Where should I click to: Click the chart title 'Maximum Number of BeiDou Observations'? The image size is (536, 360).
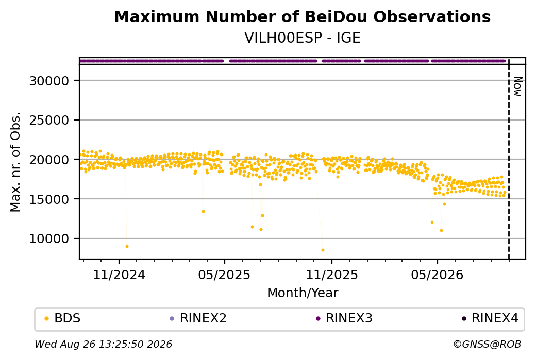click(x=302, y=16)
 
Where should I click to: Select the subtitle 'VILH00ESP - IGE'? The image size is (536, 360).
click(x=302, y=38)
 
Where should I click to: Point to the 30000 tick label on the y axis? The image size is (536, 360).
click(x=49, y=81)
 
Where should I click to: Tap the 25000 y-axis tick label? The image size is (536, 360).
click(x=49, y=120)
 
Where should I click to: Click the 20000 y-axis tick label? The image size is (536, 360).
click(x=49, y=160)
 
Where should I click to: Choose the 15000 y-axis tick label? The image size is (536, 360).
click(x=49, y=199)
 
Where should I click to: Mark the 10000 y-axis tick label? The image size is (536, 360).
click(x=49, y=239)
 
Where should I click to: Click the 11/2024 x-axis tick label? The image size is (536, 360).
click(x=119, y=275)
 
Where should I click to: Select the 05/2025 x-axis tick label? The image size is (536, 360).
click(x=224, y=275)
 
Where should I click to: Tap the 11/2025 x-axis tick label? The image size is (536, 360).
click(x=331, y=275)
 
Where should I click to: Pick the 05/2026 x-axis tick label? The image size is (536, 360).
click(x=437, y=275)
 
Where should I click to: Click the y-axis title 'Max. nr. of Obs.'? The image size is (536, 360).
click(x=15, y=162)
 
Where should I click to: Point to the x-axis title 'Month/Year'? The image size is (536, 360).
click(x=303, y=293)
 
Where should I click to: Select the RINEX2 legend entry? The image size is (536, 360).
click(x=198, y=318)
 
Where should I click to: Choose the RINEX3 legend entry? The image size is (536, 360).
click(x=344, y=318)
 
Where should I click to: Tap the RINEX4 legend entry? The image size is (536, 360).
click(x=490, y=318)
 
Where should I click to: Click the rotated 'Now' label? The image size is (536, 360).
click(x=518, y=87)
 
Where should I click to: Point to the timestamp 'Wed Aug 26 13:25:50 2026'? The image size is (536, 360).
click(x=103, y=344)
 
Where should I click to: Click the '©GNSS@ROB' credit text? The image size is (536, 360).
click(x=487, y=344)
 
